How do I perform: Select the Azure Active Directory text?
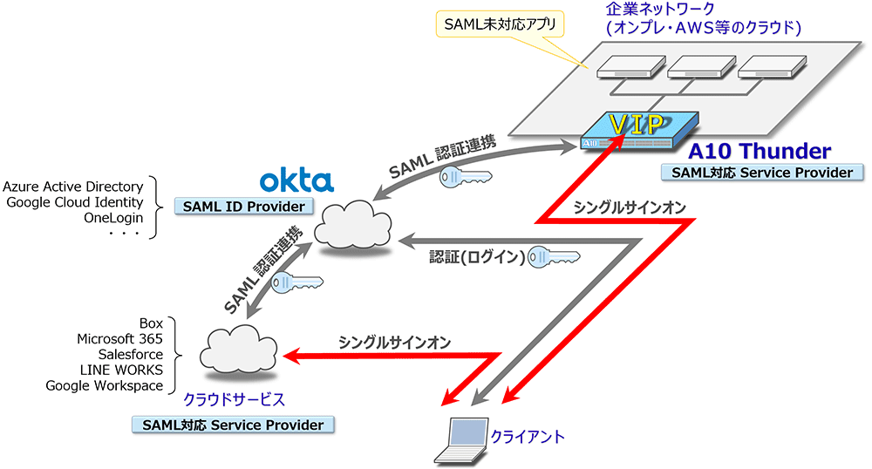[x=72, y=187]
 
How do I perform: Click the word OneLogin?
[x=112, y=218]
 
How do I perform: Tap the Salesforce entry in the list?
[x=131, y=355]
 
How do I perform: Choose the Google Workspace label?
[x=105, y=386]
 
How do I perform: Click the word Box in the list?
[x=151, y=323]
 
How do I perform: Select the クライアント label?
[x=528, y=436]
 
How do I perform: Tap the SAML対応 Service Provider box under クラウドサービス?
[x=234, y=425]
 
